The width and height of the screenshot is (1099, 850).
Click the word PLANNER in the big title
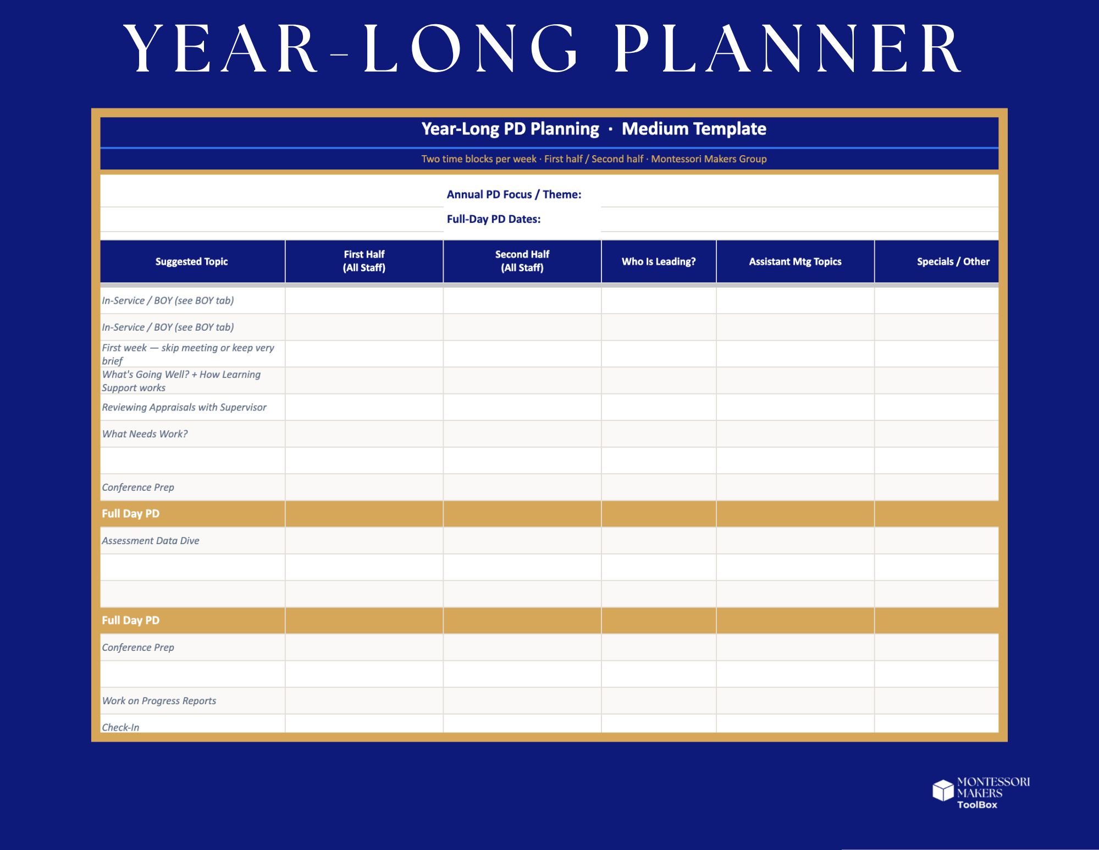(x=787, y=50)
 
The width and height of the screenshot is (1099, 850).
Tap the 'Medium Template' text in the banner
(x=693, y=129)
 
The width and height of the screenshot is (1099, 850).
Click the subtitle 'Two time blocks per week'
(x=478, y=159)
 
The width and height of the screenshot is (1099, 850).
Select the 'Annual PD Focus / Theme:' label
(x=513, y=194)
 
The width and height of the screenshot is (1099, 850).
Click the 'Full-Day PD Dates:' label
(x=493, y=219)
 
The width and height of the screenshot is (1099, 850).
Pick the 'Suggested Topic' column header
(x=191, y=261)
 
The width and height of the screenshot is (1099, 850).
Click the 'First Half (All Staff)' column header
(x=364, y=261)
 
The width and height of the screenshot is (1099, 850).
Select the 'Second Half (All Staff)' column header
(x=522, y=261)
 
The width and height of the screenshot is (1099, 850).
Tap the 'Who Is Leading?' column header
(x=658, y=261)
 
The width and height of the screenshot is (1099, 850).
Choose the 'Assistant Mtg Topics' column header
(x=794, y=261)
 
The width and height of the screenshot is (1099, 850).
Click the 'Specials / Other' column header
(x=952, y=261)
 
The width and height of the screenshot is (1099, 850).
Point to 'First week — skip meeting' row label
(x=187, y=354)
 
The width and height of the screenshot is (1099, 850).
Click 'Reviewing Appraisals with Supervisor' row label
(x=184, y=407)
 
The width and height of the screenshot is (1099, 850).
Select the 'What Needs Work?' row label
(x=145, y=434)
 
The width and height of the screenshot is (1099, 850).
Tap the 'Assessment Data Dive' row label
(x=150, y=540)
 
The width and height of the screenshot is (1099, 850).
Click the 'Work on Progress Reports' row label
(x=159, y=700)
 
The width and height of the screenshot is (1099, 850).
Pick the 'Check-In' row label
(x=120, y=727)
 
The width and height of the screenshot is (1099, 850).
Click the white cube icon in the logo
(x=942, y=790)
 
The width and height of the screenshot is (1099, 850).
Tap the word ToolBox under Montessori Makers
(x=976, y=804)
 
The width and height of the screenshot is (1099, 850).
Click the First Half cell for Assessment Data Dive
(x=364, y=540)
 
